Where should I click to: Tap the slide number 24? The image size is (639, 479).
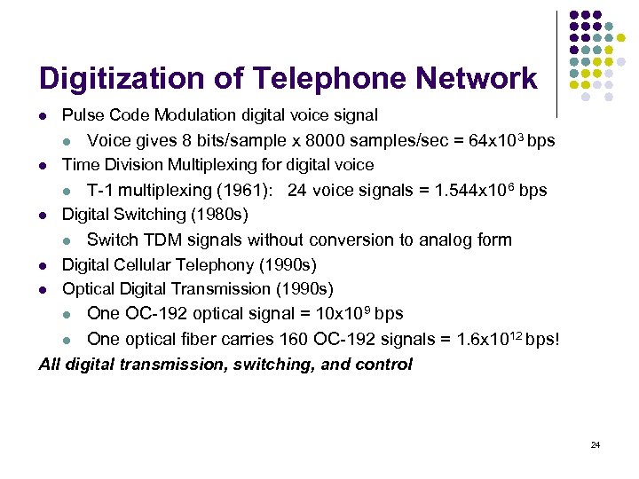pyautogui.click(x=596, y=444)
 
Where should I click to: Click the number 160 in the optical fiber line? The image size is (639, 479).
pyautogui.click(x=295, y=339)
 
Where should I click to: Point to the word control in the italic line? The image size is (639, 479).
pyautogui.click(x=383, y=364)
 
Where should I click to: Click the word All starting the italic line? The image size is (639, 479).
pyautogui.click(x=50, y=364)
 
